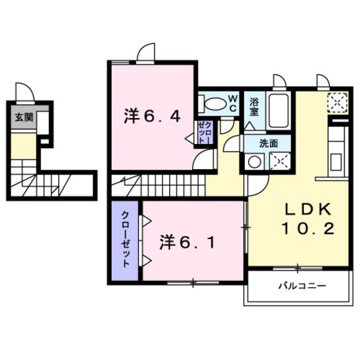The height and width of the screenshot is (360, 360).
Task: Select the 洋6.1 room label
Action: tap(187, 242)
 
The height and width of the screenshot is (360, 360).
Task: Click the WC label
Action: tap(233, 102)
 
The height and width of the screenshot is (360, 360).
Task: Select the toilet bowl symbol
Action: tap(213, 103)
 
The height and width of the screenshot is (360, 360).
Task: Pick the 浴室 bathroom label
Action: tap(254, 105)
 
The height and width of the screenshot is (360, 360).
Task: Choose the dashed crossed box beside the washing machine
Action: tap(278, 161)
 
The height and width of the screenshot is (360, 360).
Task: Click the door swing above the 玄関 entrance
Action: tap(25, 93)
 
